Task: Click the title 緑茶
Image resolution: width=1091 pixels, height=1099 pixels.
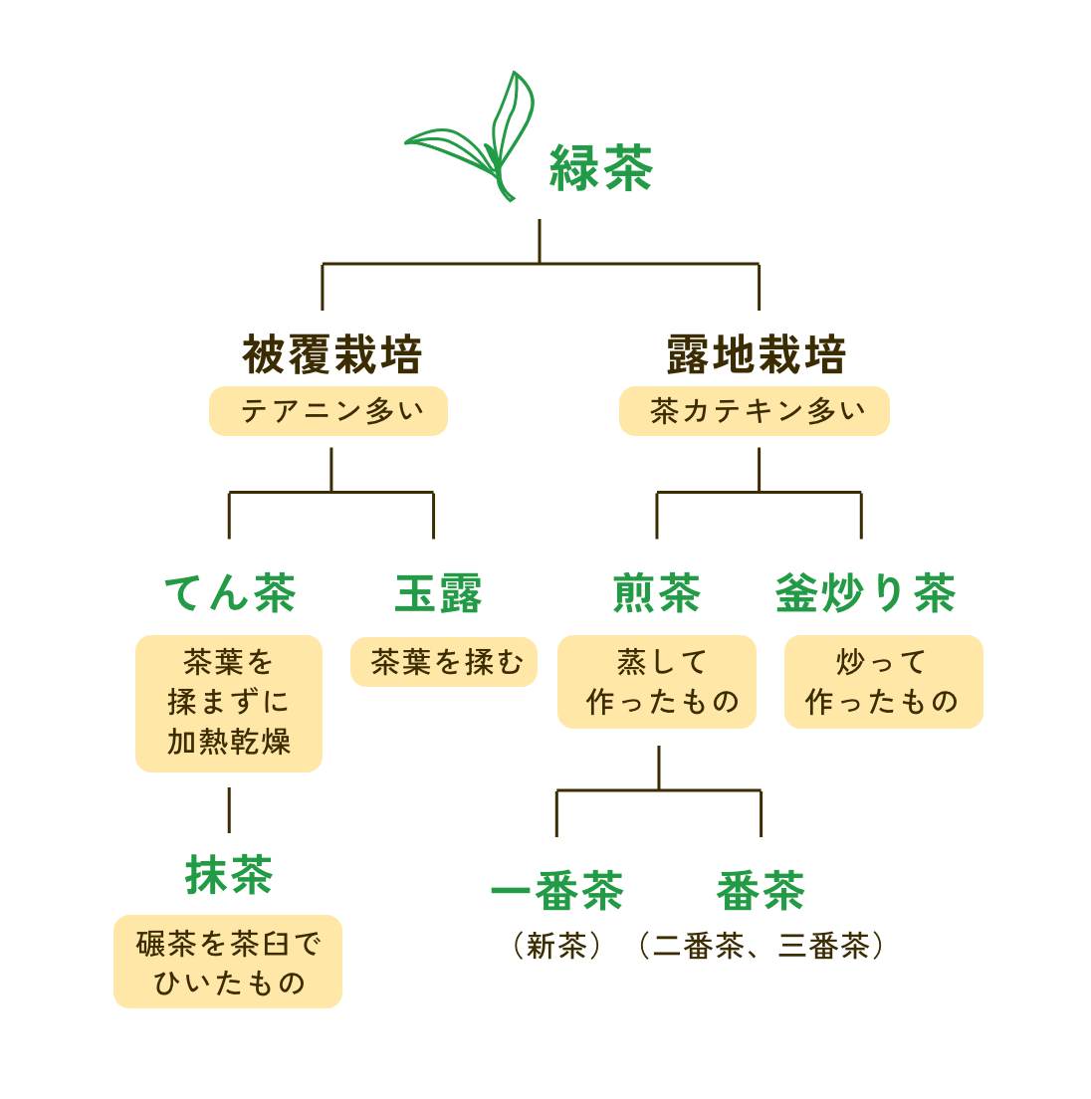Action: click(x=601, y=167)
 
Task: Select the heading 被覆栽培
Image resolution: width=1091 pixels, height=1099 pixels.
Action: click(x=332, y=355)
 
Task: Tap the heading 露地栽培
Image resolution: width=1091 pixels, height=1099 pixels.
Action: click(x=757, y=355)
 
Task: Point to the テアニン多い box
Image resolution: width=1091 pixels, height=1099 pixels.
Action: click(x=328, y=411)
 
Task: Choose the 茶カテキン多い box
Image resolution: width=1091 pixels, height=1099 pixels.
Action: click(x=754, y=411)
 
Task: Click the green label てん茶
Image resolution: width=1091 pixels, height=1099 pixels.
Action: click(x=230, y=593)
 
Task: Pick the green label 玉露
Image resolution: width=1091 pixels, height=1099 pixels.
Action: click(x=438, y=593)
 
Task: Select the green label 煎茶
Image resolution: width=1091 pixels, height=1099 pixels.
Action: click(x=657, y=593)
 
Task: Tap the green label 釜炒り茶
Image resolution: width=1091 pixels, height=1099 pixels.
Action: click(x=865, y=593)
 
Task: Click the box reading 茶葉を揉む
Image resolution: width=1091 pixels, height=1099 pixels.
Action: click(x=444, y=662)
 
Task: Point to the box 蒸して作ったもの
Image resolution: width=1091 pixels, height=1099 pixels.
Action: click(x=657, y=682)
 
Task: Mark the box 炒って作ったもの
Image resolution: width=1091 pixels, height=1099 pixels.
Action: click(x=883, y=682)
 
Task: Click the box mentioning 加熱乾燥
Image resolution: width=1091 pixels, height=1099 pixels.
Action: click(x=229, y=703)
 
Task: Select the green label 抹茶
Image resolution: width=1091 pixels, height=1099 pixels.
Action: click(x=229, y=875)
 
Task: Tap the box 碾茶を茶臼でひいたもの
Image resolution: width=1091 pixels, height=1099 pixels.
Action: click(x=228, y=962)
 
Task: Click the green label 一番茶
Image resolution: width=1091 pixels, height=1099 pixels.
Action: click(x=557, y=890)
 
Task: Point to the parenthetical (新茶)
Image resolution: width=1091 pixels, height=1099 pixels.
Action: click(x=557, y=945)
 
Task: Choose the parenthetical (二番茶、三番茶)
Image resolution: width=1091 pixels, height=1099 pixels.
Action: click(x=761, y=945)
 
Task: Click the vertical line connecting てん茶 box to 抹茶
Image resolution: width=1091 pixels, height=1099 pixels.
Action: click(x=229, y=809)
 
